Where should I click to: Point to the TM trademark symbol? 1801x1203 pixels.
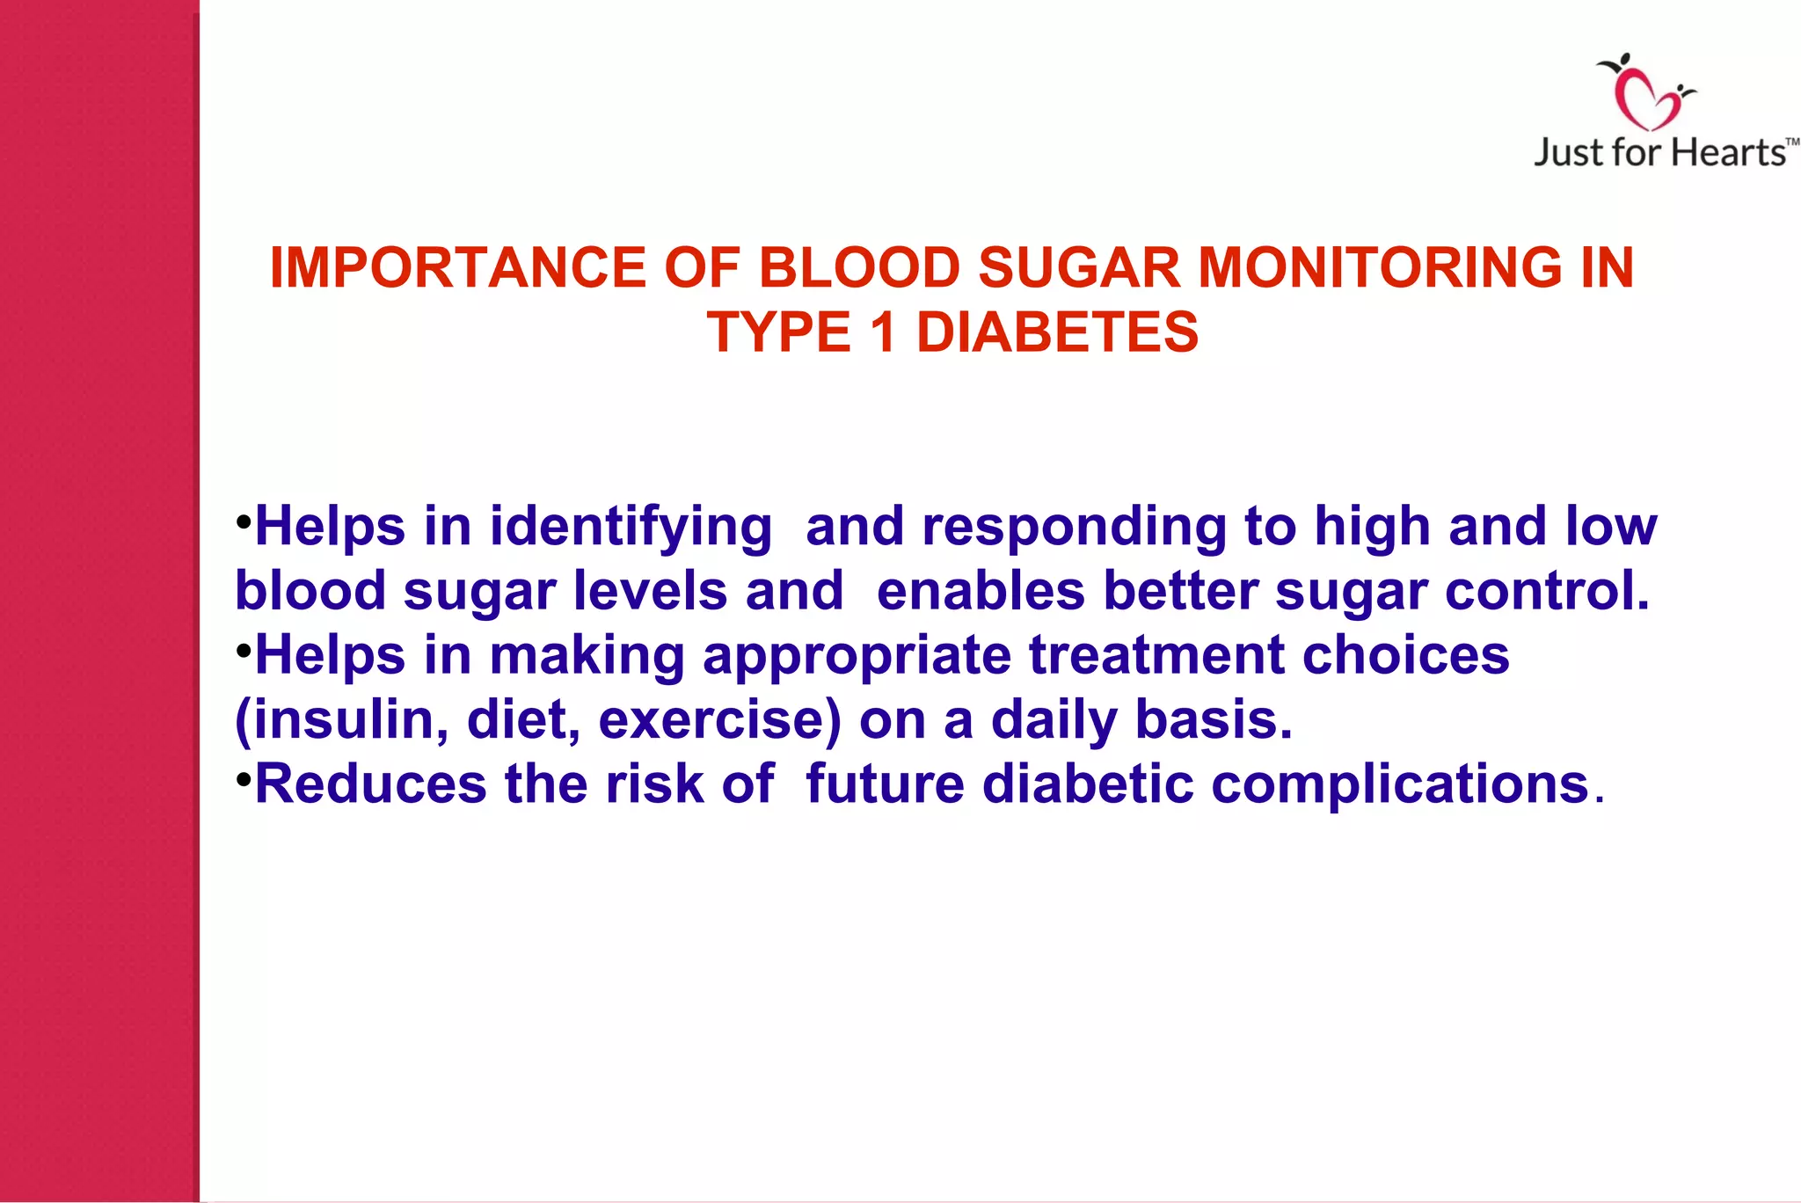pyautogui.click(x=1792, y=142)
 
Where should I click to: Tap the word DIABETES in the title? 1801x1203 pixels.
pyautogui.click(x=1057, y=332)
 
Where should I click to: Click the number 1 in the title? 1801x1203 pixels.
pyautogui.click(x=883, y=332)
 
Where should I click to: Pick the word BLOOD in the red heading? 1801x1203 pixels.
pyautogui.click(x=858, y=267)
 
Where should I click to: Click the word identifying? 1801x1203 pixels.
pyautogui.click(x=631, y=528)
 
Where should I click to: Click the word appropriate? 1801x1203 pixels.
pyautogui.click(x=857, y=655)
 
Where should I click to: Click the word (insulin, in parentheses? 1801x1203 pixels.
pyautogui.click(x=342, y=720)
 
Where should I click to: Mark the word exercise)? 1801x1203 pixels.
pyautogui.click(x=719, y=720)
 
